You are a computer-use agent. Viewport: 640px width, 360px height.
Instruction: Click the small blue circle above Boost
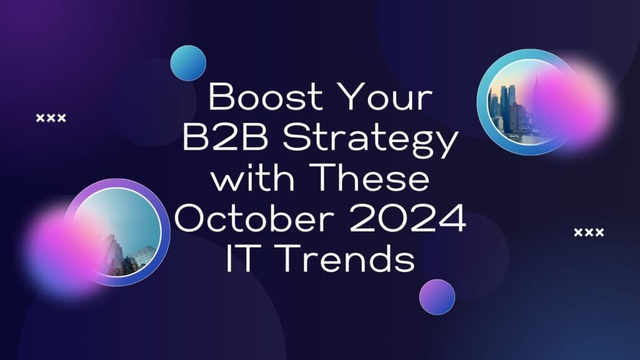[x=188, y=63]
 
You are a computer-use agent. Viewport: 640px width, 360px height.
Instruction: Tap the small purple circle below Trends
[x=437, y=297]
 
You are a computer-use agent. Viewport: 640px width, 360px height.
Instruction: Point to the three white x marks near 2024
[x=589, y=232]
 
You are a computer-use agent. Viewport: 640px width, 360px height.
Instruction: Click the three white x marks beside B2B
[x=51, y=118]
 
